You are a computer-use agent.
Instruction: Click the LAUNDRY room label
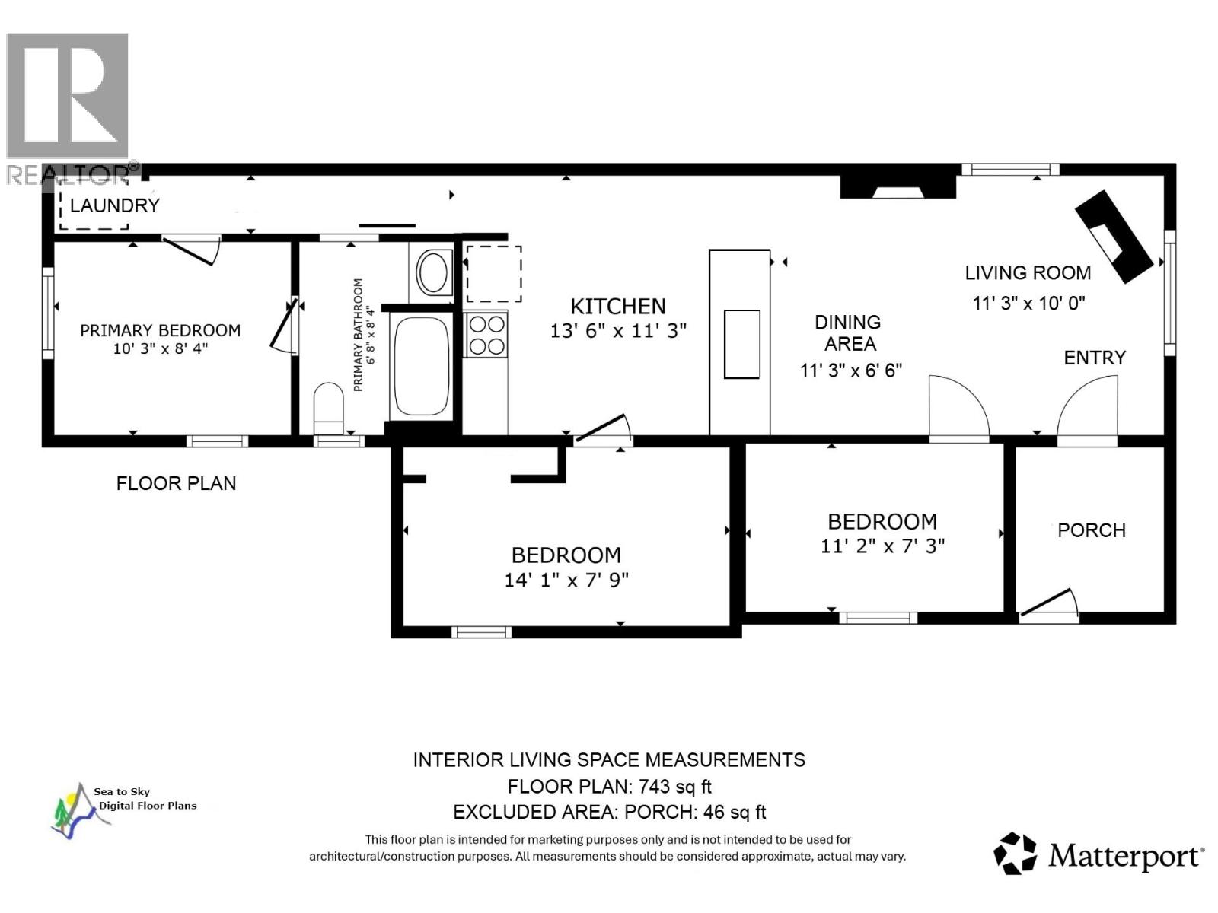(x=114, y=205)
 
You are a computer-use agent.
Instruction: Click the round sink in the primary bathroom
(x=433, y=272)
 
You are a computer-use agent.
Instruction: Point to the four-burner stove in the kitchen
(x=486, y=335)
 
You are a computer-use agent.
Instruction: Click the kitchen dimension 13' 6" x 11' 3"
(x=618, y=331)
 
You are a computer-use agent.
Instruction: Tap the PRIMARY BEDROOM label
(x=160, y=330)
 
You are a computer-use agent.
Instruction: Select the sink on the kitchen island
(x=741, y=344)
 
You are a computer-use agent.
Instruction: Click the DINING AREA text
(x=849, y=333)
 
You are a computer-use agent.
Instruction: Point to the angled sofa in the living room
(x=1113, y=236)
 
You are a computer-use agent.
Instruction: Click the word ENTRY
(x=1094, y=358)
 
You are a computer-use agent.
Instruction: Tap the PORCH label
(x=1091, y=530)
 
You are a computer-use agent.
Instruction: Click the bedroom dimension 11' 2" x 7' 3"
(x=882, y=546)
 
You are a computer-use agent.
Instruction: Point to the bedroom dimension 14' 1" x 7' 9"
(x=566, y=581)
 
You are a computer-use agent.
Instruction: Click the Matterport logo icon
(x=1015, y=853)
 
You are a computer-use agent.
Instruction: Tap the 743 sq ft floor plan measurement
(x=674, y=786)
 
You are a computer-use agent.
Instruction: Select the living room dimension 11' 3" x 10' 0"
(x=1028, y=303)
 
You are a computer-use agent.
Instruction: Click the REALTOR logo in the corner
(x=69, y=107)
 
